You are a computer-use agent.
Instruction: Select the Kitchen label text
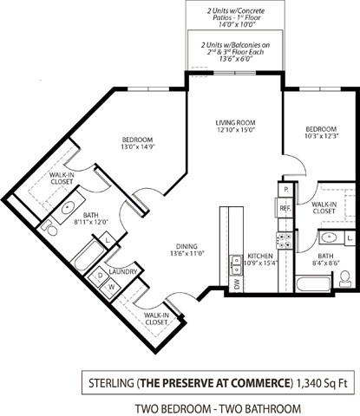pyautogui.click(x=260, y=257)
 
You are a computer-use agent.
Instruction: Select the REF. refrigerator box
pyautogui.click(x=285, y=208)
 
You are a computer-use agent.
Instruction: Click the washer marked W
pyautogui.click(x=111, y=287)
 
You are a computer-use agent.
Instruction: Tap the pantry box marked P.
pyautogui.click(x=285, y=188)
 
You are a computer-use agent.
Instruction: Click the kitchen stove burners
pyautogui.click(x=283, y=238)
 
